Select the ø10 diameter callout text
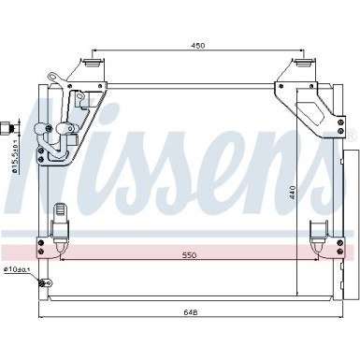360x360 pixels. click(x=17, y=271)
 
